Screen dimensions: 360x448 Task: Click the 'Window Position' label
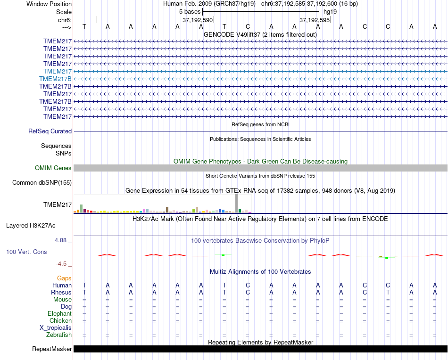point(49,4)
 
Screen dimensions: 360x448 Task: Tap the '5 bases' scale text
point(190,11)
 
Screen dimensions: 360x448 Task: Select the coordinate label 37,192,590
point(198,20)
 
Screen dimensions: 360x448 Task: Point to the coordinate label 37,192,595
point(315,20)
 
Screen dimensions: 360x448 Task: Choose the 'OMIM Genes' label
point(53,168)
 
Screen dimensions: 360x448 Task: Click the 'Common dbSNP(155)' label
point(42,183)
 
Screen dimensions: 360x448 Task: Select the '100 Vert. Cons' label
point(26,252)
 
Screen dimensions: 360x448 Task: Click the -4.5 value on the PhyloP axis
point(62,264)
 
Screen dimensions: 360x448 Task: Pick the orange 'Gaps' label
point(64,278)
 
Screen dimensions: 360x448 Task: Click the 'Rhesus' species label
point(61,293)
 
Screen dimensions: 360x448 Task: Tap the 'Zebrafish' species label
point(59,335)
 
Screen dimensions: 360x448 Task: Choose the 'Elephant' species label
point(59,314)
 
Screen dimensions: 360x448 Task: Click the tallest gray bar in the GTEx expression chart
point(236,204)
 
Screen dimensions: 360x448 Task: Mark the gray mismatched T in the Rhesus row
point(388,293)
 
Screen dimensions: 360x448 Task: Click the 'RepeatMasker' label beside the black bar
point(52,349)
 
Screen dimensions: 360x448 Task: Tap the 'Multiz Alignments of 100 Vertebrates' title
point(260,272)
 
